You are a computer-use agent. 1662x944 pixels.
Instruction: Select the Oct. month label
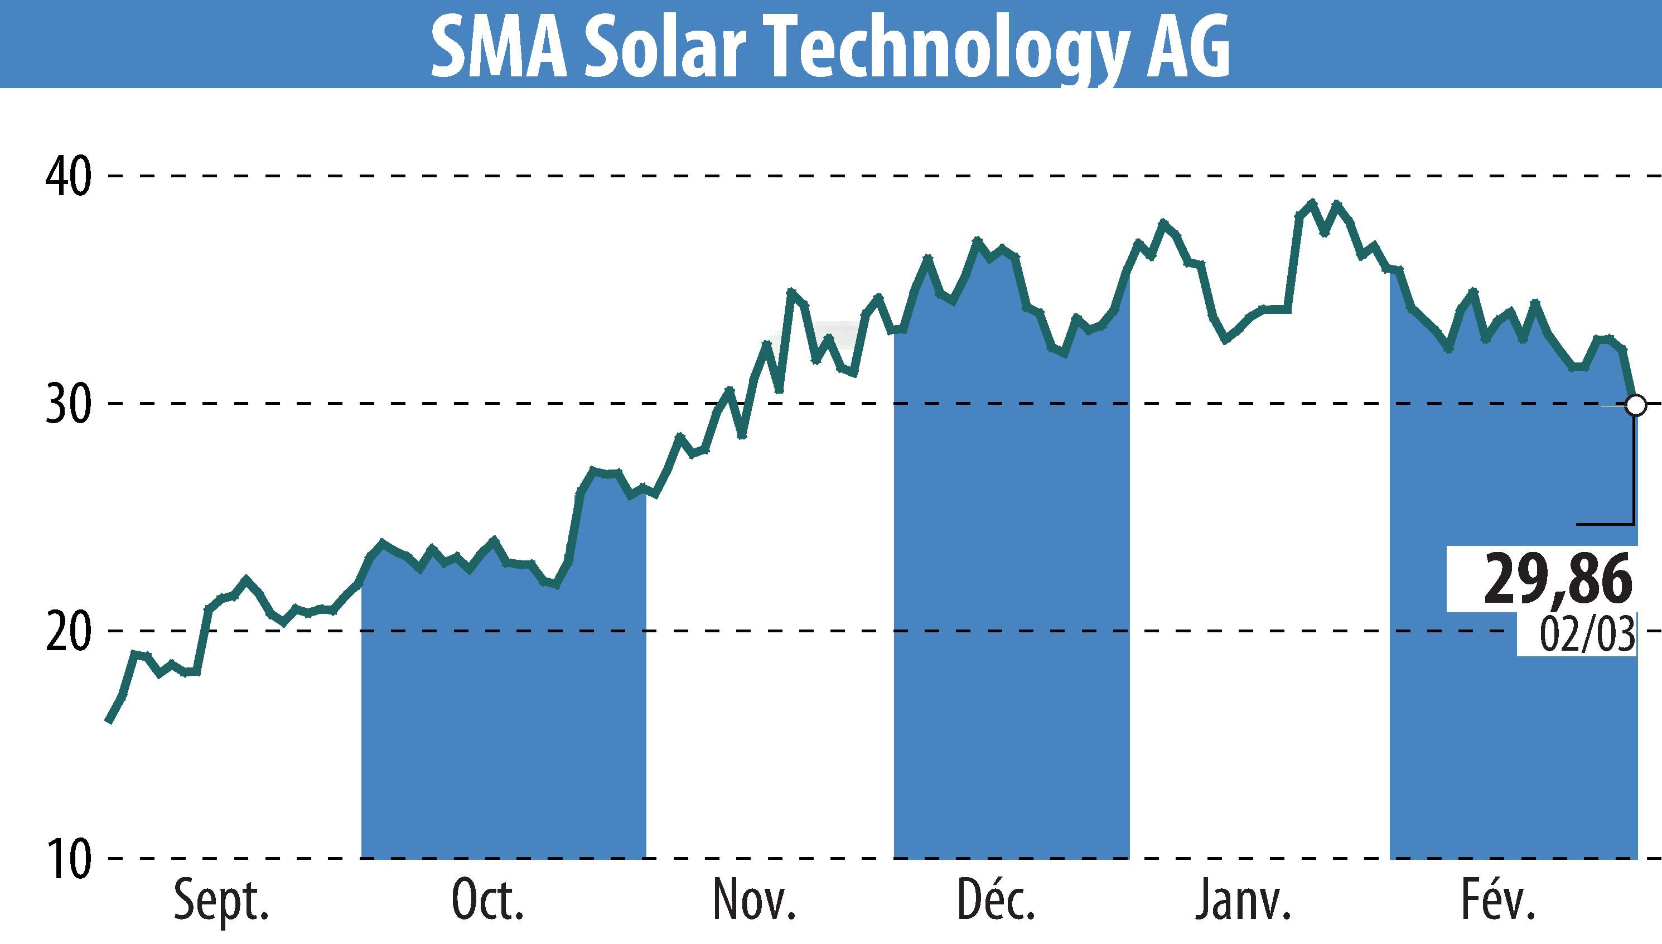click(487, 899)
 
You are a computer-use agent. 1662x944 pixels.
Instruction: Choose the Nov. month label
click(754, 899)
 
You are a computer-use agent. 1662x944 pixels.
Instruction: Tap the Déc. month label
click(997, 899)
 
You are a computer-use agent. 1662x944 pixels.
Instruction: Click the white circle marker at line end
click(1635, 406)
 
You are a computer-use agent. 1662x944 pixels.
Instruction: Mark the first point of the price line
click(109, 720)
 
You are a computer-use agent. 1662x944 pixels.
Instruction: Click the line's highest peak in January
click(1312, 202)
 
